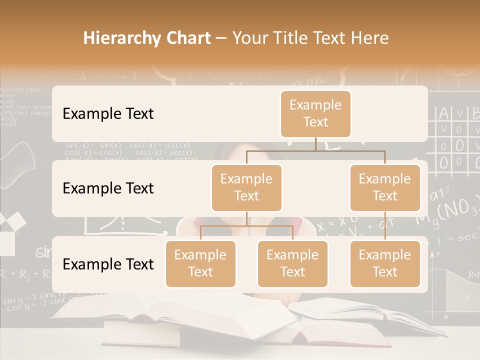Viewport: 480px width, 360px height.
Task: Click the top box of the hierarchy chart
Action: point(315,113)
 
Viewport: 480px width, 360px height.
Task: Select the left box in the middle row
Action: point(246,187)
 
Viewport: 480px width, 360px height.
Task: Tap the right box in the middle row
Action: point(385,187)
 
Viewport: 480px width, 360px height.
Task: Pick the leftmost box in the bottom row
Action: point(200,263)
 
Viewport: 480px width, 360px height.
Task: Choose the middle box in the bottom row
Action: point(292,263)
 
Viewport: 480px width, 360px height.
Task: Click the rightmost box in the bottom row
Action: point(385,263)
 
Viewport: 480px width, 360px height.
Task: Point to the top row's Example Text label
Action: point(108,113)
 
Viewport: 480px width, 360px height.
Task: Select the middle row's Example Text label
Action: point(108,188)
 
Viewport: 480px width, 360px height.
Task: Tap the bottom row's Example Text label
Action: point(108,264)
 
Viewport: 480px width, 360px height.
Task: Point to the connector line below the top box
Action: point(315,144)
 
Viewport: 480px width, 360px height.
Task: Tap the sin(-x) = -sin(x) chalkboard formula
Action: point(93,145)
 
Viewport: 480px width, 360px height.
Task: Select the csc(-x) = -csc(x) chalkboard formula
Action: point(160,145)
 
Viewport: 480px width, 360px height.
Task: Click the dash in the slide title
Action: point(221,38)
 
